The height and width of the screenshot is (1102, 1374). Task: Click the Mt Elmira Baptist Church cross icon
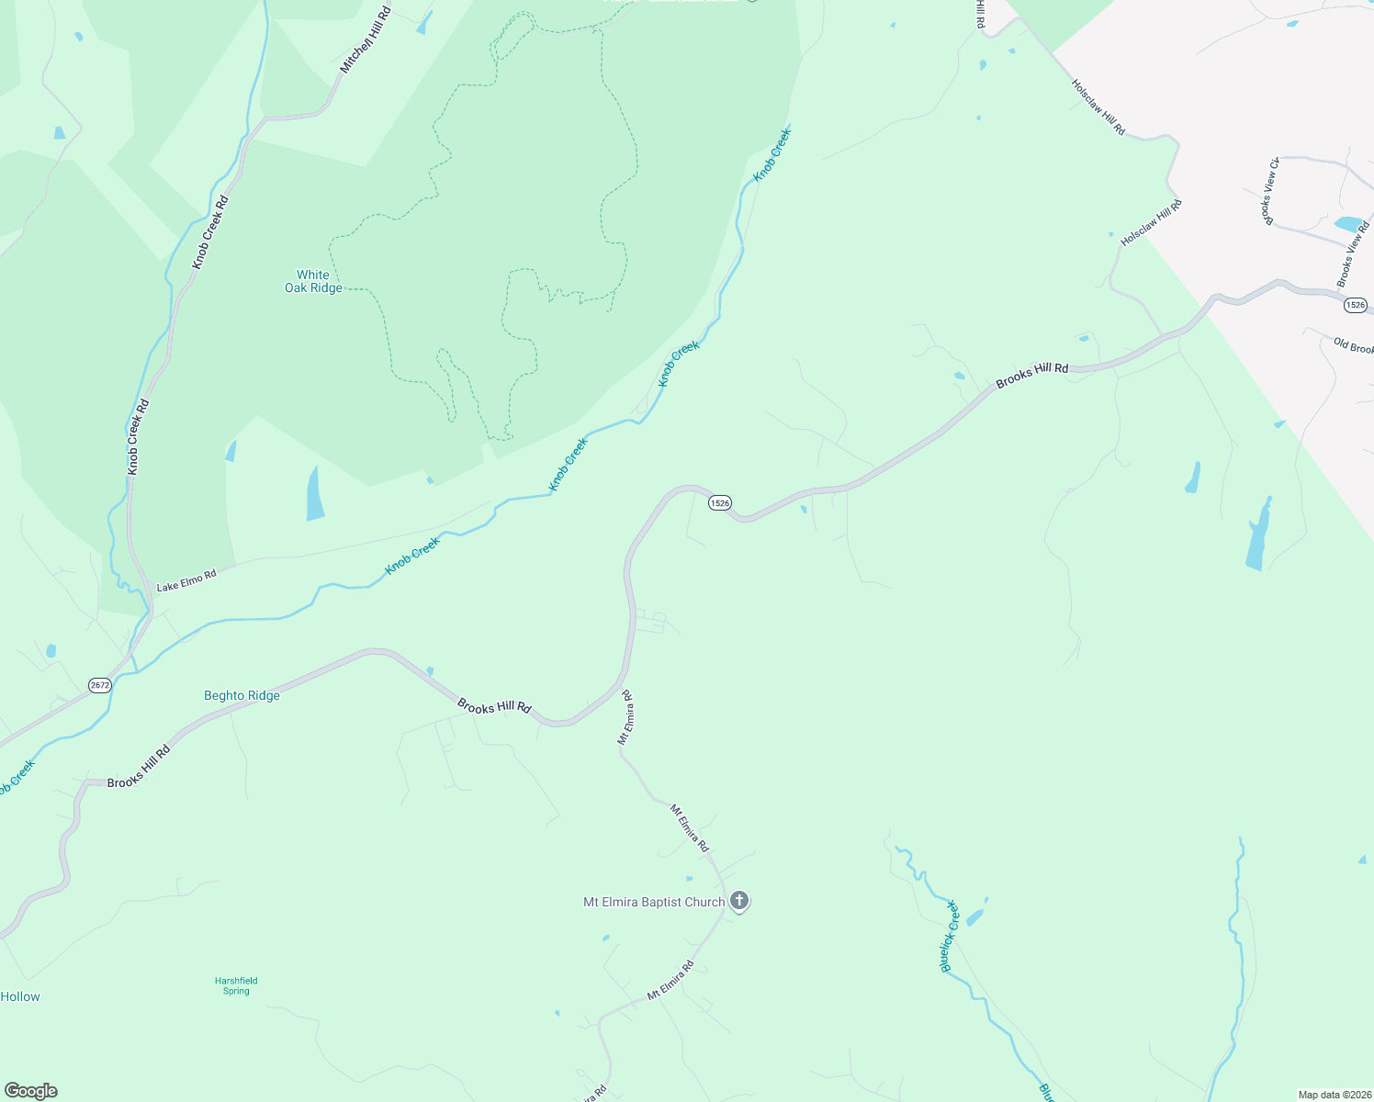(739, 901)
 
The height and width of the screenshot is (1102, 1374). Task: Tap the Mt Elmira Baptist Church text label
(654, 903)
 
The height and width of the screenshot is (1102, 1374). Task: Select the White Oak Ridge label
(313, 281)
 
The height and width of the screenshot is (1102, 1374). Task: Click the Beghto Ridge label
(242, 696)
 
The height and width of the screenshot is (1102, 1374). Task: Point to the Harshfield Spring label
(236, 985)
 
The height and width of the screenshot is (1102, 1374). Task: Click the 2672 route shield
(100, 685)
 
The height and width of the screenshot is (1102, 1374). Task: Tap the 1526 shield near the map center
(719, 502)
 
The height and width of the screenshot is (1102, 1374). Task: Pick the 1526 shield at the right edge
(1355, 305)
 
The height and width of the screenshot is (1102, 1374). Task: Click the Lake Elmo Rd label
(186, 580)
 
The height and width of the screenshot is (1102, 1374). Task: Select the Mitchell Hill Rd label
(366, 41)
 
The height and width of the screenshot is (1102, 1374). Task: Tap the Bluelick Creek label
(950, 937)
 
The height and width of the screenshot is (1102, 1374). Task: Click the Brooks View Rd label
(1353, 254)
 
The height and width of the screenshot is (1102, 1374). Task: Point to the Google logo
(31, 1091)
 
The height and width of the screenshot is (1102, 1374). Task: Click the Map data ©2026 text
(1333, 1095)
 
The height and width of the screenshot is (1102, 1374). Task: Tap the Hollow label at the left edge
(20, 996)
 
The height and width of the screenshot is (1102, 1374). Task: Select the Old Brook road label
(1353, 346)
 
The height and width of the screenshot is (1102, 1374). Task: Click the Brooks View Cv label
(1269, 192)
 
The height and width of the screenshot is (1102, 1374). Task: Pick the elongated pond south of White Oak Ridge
(315, 495)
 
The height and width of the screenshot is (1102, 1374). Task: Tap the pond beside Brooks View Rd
(1348, 223)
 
